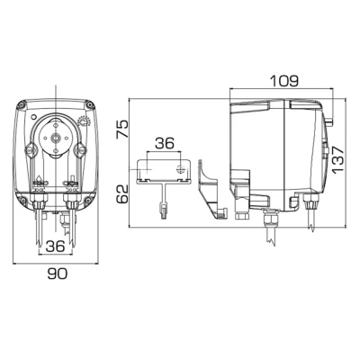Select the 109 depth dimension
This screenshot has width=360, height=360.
tap(283, 80)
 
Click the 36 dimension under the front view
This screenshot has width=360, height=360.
tap(55, 244)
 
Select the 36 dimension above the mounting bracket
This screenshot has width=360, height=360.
tap(164, 142)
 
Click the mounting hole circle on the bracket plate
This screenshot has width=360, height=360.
tap(180, 168)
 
